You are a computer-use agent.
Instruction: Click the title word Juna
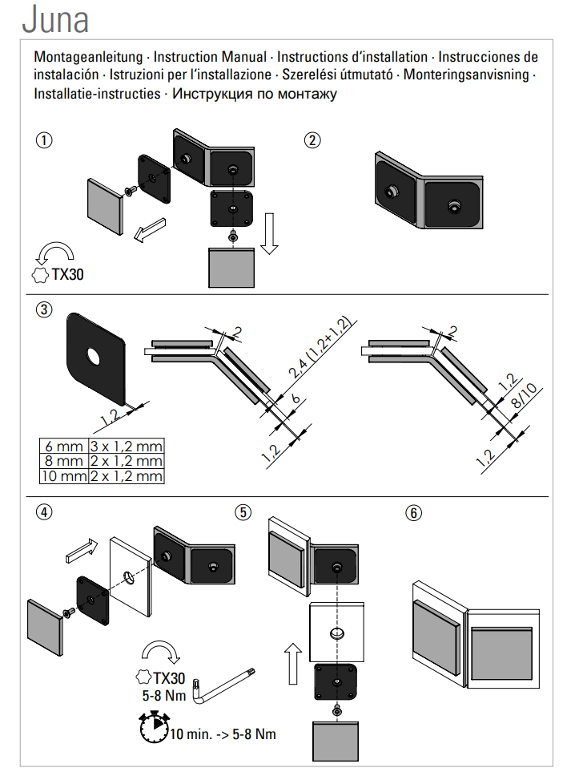pyautogui.click(x=55, y=20)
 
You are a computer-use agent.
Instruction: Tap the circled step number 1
pyautogui.click(x=44, y=140)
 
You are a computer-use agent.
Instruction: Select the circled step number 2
pyautogui.click(x=313, y=140)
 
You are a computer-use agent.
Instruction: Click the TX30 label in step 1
pyautogui.click(x=67, y=274)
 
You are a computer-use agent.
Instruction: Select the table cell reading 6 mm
pyautogui.click(x=63, y=447)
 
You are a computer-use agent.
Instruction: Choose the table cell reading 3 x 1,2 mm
pyautogui.click(x=126, y=447)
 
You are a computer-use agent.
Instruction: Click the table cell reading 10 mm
pyautogui.click(x=63, y=476)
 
